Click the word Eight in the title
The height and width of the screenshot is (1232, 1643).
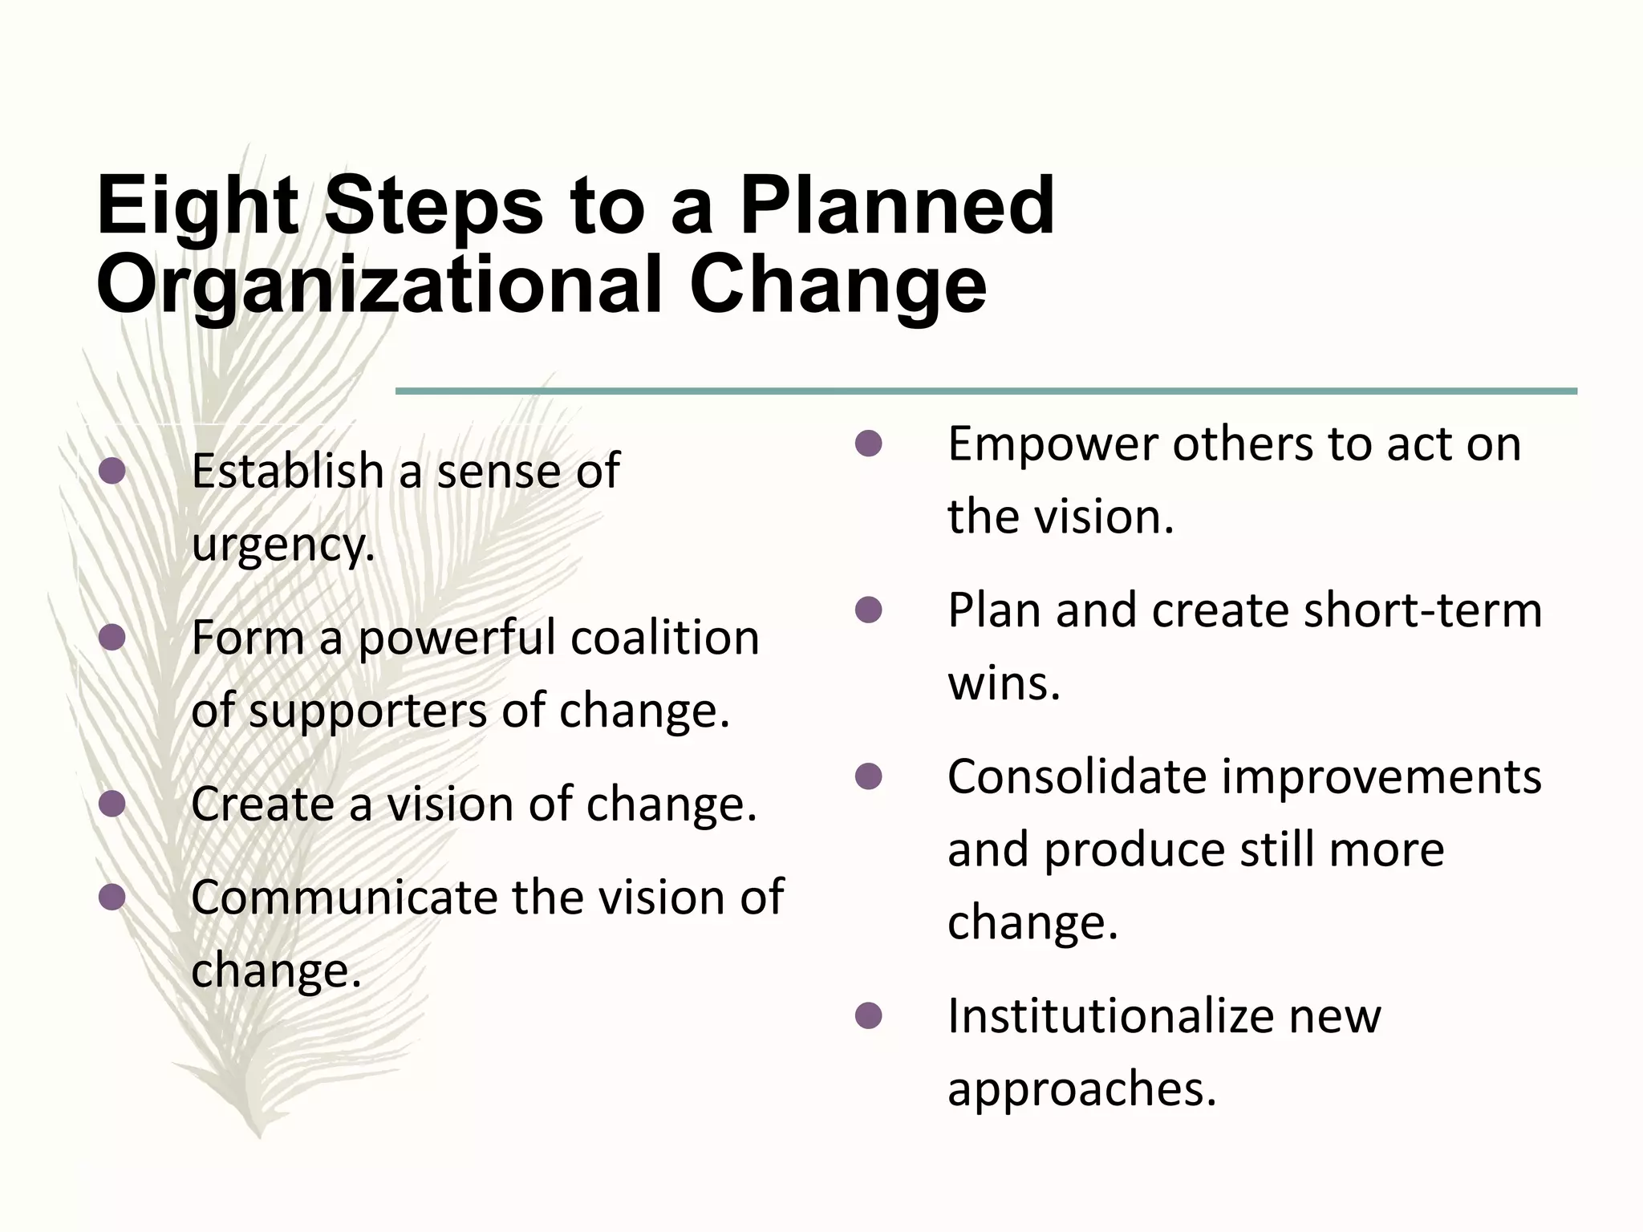coord(197,207)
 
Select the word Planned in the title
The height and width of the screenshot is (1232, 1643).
coord(896,207)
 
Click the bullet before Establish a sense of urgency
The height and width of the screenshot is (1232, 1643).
coord(112,472)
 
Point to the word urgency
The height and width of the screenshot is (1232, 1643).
coord(282,545)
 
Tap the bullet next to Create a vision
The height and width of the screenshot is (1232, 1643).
coord(112,804)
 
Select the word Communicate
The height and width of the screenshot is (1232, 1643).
coord(345,897)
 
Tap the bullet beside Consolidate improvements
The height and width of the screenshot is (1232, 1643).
coord(869,776)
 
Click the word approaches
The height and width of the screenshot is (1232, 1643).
coord(1081,1089)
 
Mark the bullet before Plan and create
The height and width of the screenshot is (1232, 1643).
coord(869,610)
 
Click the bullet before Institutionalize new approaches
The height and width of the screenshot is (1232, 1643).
coord(869,1016)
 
